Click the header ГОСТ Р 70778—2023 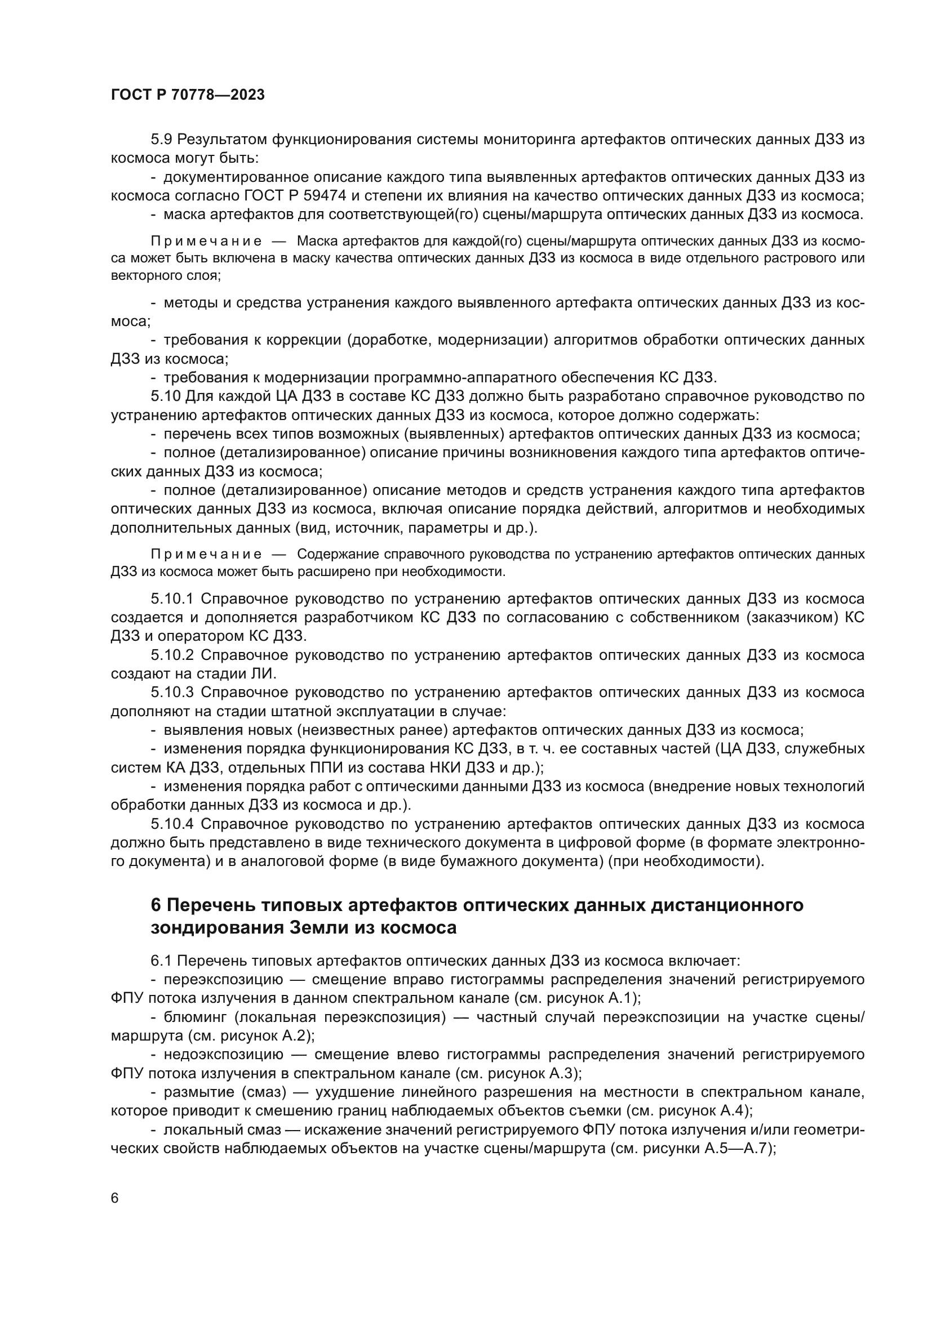(x=188, y=95)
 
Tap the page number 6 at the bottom (x=115, y=1198)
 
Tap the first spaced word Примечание (x=206, y=242)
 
